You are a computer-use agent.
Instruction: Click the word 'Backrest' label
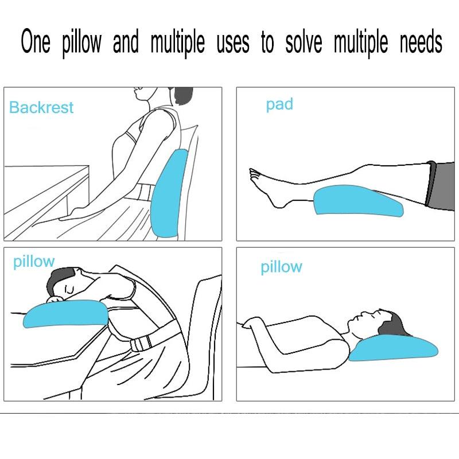point(41,107)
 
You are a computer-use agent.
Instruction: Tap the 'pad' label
point(279,104)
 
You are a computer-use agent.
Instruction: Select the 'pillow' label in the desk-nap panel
point(34,262)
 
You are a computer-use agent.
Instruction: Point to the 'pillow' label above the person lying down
point(281,267)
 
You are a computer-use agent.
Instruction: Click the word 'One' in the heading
point(36,41)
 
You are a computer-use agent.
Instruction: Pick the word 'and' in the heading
point(126,41)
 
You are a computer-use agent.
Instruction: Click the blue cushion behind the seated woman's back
point(168,193)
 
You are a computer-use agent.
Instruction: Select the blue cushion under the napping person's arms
point(66,314)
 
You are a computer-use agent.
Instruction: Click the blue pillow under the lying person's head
point(394,348)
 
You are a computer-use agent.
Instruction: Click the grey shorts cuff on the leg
point(431,184)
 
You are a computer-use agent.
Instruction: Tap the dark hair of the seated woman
point(184,96)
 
